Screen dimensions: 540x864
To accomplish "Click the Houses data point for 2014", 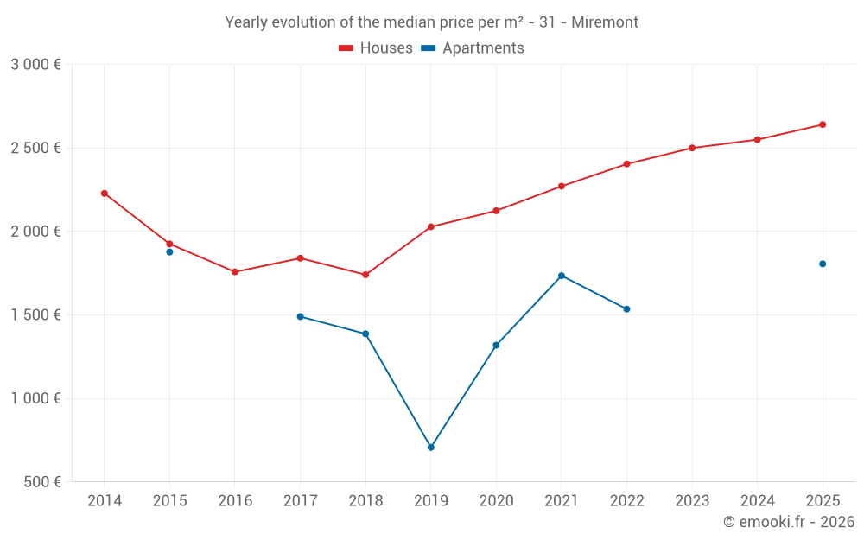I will (x=105, y=194).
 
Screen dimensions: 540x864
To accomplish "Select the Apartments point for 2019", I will (x=430, y=448).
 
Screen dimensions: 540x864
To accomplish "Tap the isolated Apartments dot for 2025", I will (x=823, y=264).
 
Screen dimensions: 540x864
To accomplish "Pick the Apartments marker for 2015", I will (x=169, y=251).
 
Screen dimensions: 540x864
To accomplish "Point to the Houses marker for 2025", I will (x=823, y=124).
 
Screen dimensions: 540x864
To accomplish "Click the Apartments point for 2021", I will (x=562, y=276).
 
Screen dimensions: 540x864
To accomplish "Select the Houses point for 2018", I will (x=365, y=275).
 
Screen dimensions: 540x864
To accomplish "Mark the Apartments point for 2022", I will (x=626, y=308).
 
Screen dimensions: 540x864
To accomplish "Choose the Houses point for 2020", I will (x=496, y=211).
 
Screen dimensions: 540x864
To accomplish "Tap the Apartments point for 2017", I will (x=300, y=316).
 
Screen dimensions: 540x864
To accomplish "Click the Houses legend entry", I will (x=376, y=48).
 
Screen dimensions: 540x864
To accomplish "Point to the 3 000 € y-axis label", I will (x=35, y=65).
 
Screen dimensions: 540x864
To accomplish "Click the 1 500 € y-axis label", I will (x=35, y=314).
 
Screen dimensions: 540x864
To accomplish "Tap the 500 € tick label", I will (x=41, y=482).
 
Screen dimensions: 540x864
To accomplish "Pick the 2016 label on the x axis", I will (x=235, y=501).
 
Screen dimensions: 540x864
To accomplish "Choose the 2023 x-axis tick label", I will (x=692, y=501).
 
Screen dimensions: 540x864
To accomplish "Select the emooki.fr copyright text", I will (x=789, y=522).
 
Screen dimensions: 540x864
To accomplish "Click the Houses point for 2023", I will (x=692, y=148).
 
